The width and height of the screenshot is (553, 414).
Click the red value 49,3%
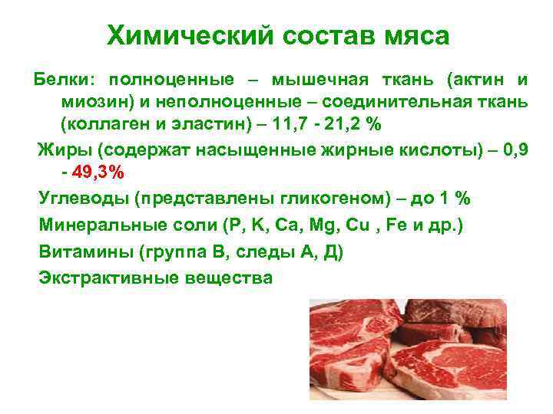(98, 172)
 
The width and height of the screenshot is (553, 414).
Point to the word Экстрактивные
(107, 277)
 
